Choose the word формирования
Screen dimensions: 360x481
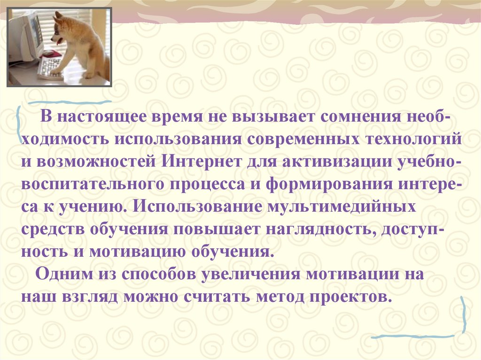click(x=328, y=184)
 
